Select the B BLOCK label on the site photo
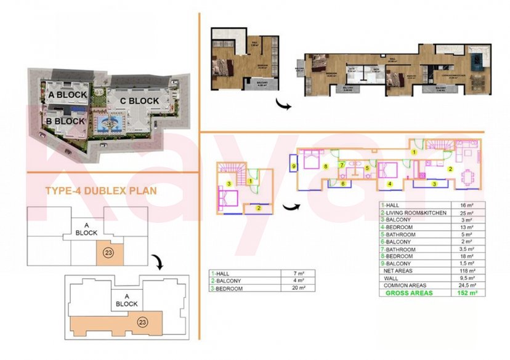coord(65,121)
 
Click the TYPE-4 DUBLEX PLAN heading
coord(101,191)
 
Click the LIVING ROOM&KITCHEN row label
coord(410,212)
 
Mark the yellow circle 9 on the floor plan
coord(294,167)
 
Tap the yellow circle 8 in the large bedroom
coord(325,166)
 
